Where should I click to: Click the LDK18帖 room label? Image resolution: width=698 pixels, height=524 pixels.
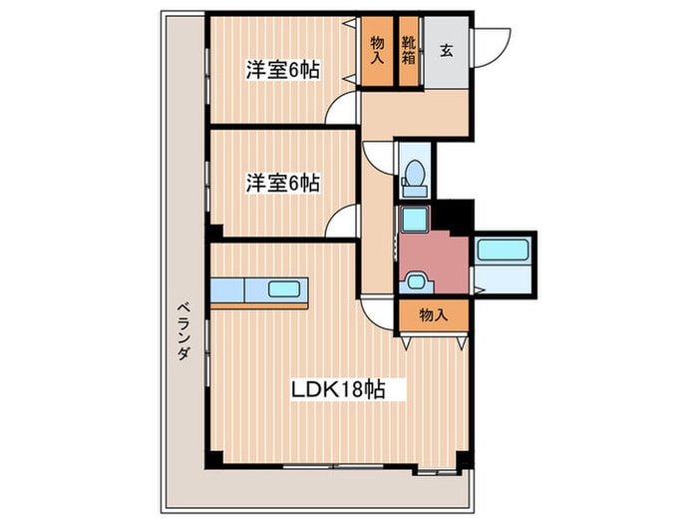[x=333, y=389]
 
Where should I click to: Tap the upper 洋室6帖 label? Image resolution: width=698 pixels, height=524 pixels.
[x=283, y=71]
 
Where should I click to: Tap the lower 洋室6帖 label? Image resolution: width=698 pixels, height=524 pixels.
[x=283, y=183]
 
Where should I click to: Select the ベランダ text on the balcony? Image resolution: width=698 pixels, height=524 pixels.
[x=183, y=330]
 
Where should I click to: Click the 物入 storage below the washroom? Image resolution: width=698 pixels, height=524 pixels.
[x=433, y=314]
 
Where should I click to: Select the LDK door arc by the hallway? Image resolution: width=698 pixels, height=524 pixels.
[x=378, y=312]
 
